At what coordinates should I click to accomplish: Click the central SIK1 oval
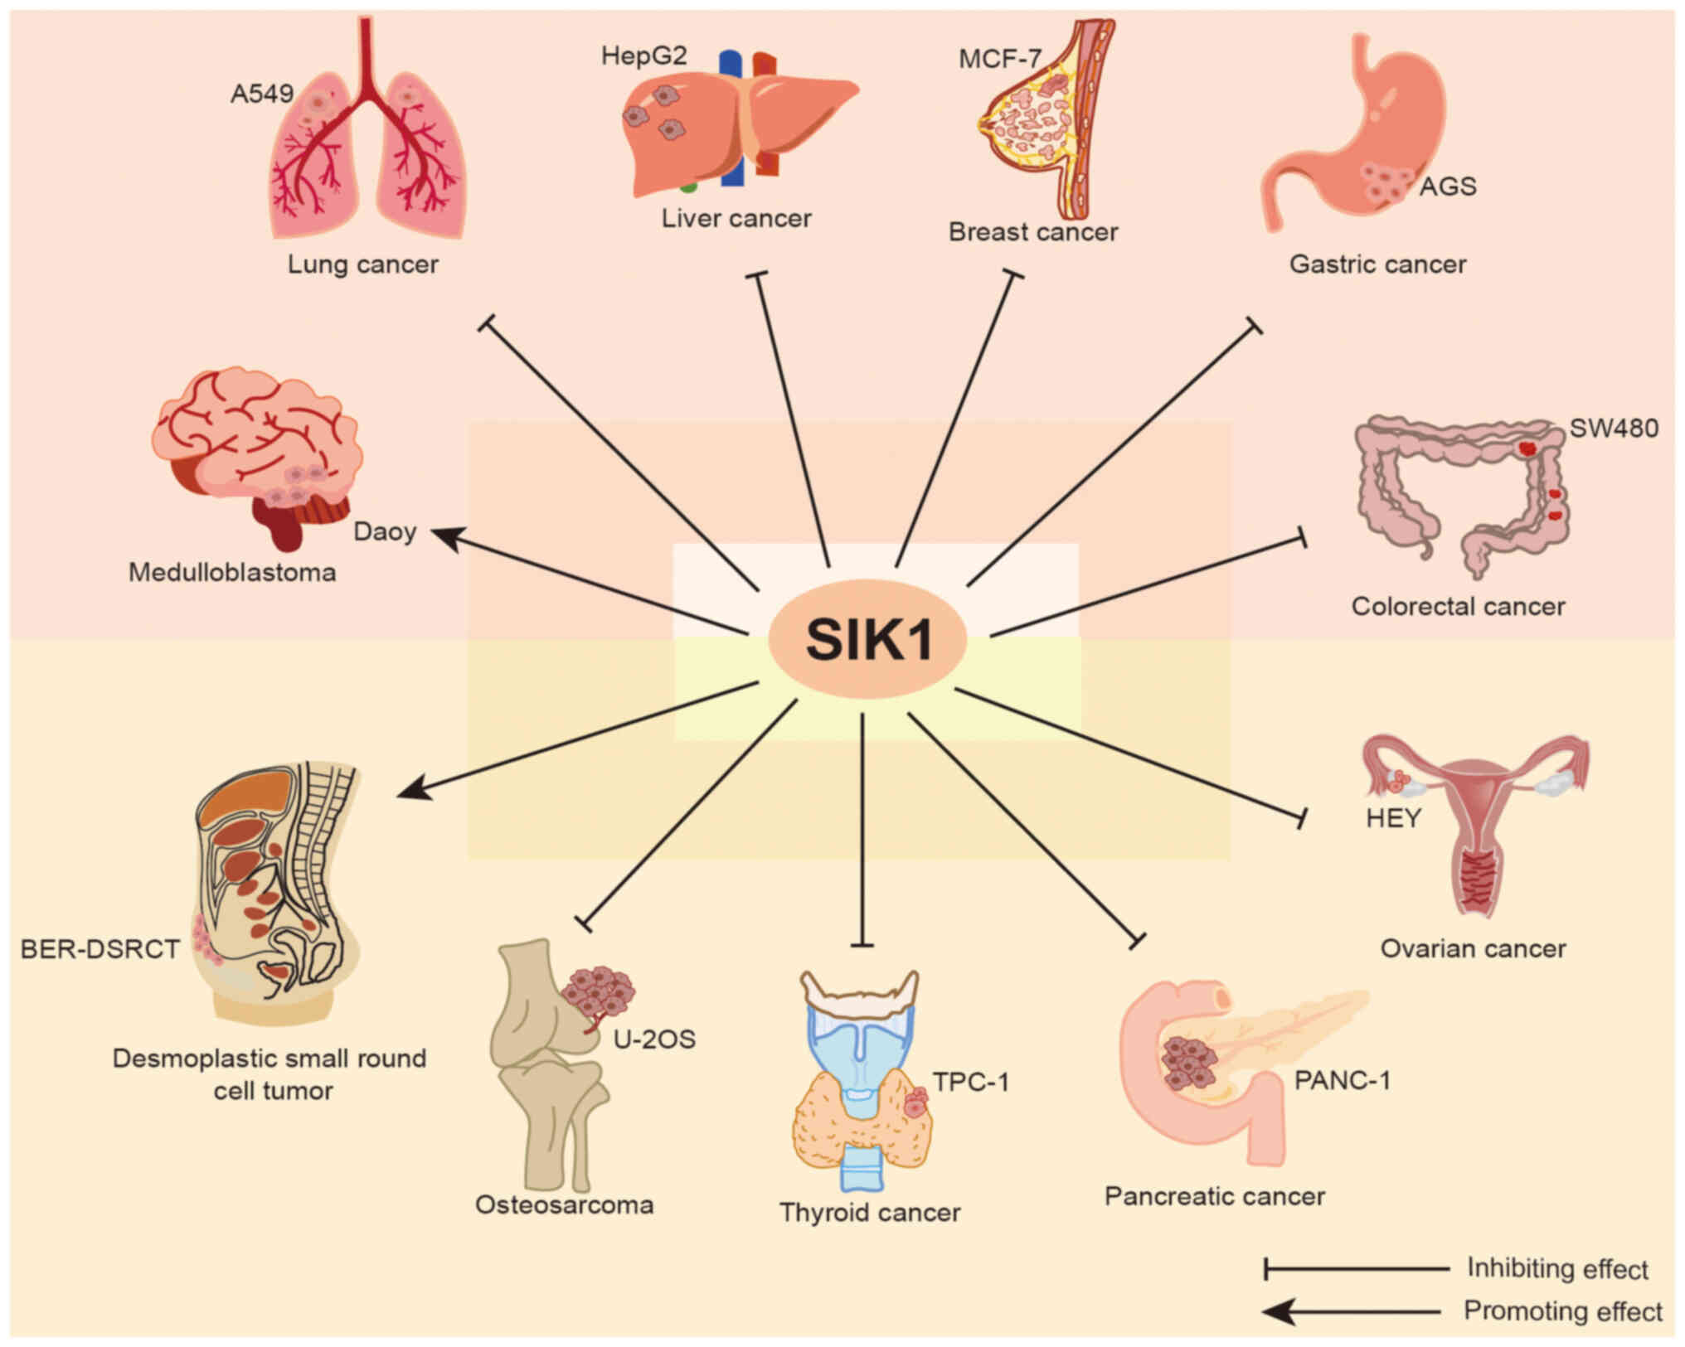(867, 639)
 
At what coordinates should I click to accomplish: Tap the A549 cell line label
(262, 94)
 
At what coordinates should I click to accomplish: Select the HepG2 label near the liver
(644, 56)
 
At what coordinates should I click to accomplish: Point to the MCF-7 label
(999, 59)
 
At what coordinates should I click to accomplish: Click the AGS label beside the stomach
(1448, 187)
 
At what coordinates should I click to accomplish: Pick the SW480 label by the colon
(1614, 429)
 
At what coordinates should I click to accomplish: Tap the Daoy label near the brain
(385, 531)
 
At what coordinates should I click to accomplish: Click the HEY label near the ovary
(1393, 818)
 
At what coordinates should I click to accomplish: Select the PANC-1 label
(1342, 1080)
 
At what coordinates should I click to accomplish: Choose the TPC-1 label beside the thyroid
(970, 1082)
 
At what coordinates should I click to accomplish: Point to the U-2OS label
(654, 1039)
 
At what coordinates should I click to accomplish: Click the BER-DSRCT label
(100, 949)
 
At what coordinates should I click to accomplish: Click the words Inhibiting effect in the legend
(1557, 1268)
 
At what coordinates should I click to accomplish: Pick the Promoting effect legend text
(1562, 1311)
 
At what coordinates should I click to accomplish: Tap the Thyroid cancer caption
(870, 1213)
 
